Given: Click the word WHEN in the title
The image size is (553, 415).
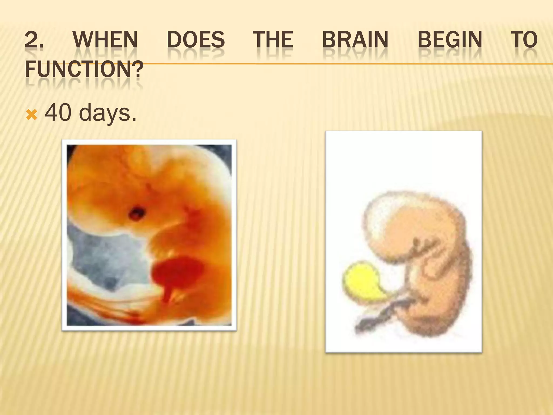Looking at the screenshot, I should pos(105,40).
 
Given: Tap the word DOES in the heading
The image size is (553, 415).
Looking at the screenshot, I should pos(196,40).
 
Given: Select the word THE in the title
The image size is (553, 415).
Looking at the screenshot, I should pos(273,40).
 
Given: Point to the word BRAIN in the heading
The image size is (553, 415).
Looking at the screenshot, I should pos(355,40).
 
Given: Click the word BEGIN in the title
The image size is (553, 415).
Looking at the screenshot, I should pos(450,40).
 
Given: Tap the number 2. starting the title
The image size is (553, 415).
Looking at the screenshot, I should pos(34,40).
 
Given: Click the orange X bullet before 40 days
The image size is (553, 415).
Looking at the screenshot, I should pos(31,116).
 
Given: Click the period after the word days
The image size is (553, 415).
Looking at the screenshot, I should pos(133,119).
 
